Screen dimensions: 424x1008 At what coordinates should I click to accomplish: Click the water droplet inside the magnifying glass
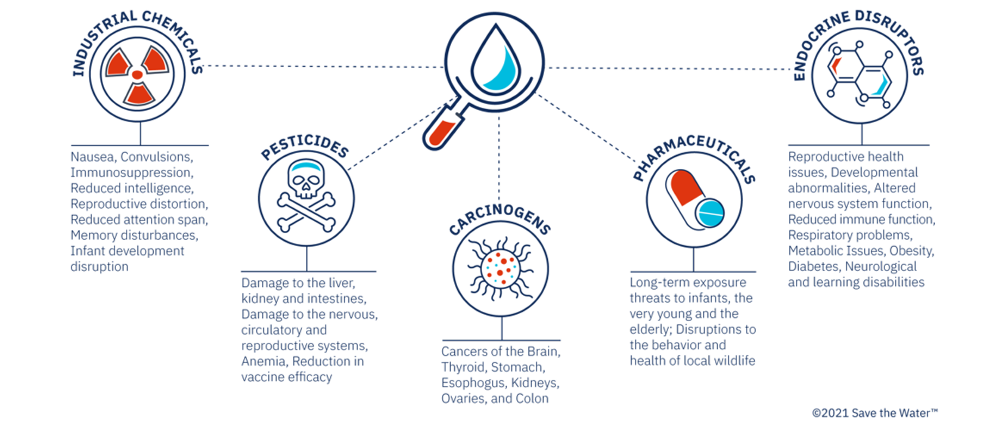coord(495,58)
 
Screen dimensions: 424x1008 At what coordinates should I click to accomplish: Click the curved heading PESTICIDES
coord(305,149)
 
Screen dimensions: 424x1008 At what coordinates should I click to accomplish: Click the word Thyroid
coord(463,367)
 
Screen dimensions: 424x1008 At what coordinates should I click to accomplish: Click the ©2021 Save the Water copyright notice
coord(874,413)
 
